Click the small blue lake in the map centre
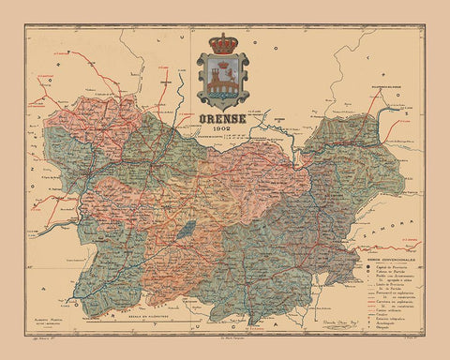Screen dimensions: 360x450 click(189, 227)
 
